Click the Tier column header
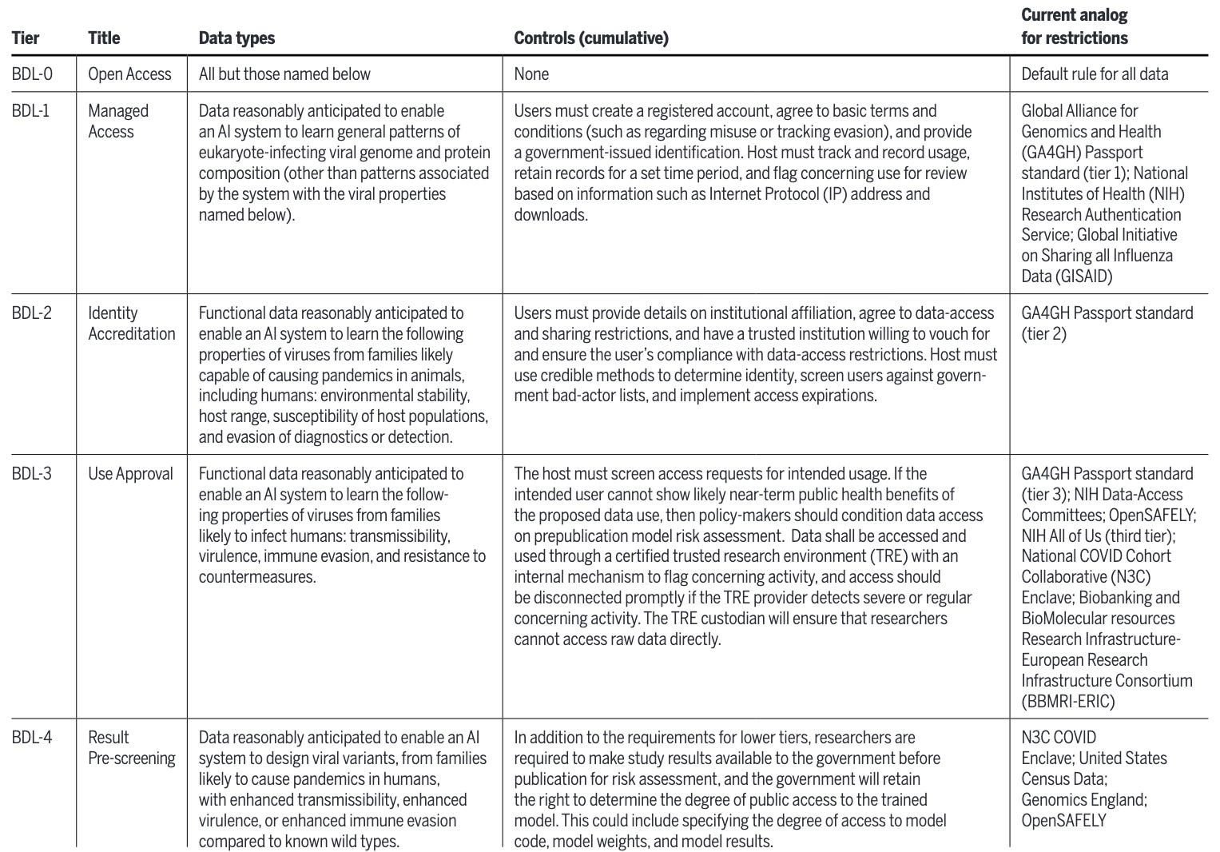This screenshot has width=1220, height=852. pyautogui.click(x=26, y=38)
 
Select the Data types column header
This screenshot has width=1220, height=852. pyautogui.click(x=236, y=38)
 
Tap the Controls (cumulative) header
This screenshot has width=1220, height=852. pyautogui.click(x=590, y=38)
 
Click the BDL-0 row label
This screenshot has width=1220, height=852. pyautogui.click(x=33, y=74)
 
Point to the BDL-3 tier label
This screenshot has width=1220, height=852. pyautogui.click(x=32, y=474)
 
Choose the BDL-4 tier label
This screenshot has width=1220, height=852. pyautogui.click(x=32, y=738)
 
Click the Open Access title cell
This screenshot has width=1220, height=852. pyautogui.click(x=129, y=74)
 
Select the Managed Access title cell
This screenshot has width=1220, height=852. pyautogui.click(x=118, y=121)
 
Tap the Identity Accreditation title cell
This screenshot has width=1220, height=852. pyautogui.click(x=131, y=323)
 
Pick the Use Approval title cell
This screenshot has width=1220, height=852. pyautogui.click(x=130, y=474)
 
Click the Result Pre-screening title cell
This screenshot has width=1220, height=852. pyautogui.click(x=131, y=747)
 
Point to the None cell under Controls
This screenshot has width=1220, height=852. pyautogui.click(x=531, y=74)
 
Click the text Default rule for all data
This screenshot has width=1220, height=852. pyautogui.click(x=1095, y=74)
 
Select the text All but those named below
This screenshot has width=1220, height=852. pyautogui.click(x=284, y=74)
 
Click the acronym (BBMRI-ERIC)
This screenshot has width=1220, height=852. pyautogui.click(x=1067, y=702)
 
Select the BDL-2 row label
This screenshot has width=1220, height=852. pyautogui.click(x=32, y=313)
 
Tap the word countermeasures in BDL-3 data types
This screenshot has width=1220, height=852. pyautogui.click(x=257, y=577)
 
